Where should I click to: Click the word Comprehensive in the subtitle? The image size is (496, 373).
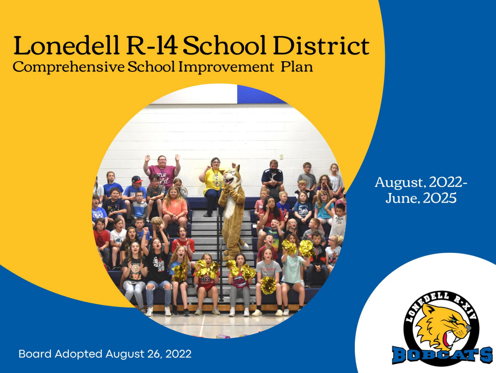[x=68, y=67]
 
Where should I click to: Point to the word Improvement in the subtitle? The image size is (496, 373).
[x=226, y=67]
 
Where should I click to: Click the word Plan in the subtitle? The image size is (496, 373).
[x=297, y=67]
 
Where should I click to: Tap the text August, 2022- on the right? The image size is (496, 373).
[x=421, y=182]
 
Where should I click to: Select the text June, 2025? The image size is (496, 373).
[x=421, y=198]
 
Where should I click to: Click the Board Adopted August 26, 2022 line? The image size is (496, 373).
[x=105, y=354]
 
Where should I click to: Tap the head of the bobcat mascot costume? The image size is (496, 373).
[x=231, y=177]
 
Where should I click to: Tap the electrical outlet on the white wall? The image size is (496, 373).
[x=281, y=156]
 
